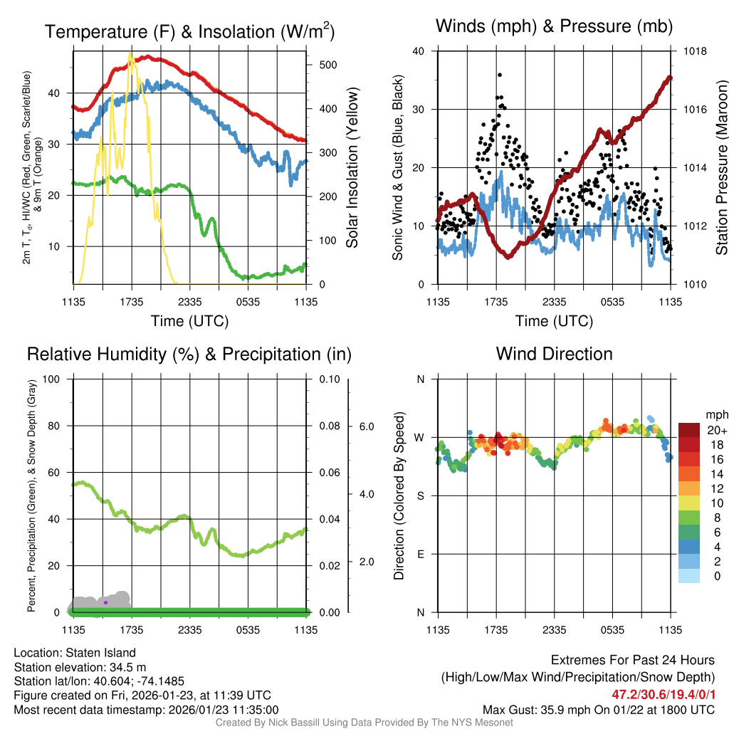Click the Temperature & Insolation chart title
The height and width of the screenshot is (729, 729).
190,32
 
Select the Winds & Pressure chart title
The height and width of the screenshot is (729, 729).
554,26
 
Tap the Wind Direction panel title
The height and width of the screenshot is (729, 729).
554,354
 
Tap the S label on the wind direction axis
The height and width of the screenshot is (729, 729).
420,495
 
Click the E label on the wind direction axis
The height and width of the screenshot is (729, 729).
420,554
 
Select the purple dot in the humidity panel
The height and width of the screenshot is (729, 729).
105,602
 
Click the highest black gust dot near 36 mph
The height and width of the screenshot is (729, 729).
500,75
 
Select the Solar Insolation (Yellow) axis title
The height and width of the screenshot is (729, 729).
352,168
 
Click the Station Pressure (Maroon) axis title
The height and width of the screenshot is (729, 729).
721,168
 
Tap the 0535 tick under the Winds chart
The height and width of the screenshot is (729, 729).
612,302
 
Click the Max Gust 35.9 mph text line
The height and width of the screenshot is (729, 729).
598,710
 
